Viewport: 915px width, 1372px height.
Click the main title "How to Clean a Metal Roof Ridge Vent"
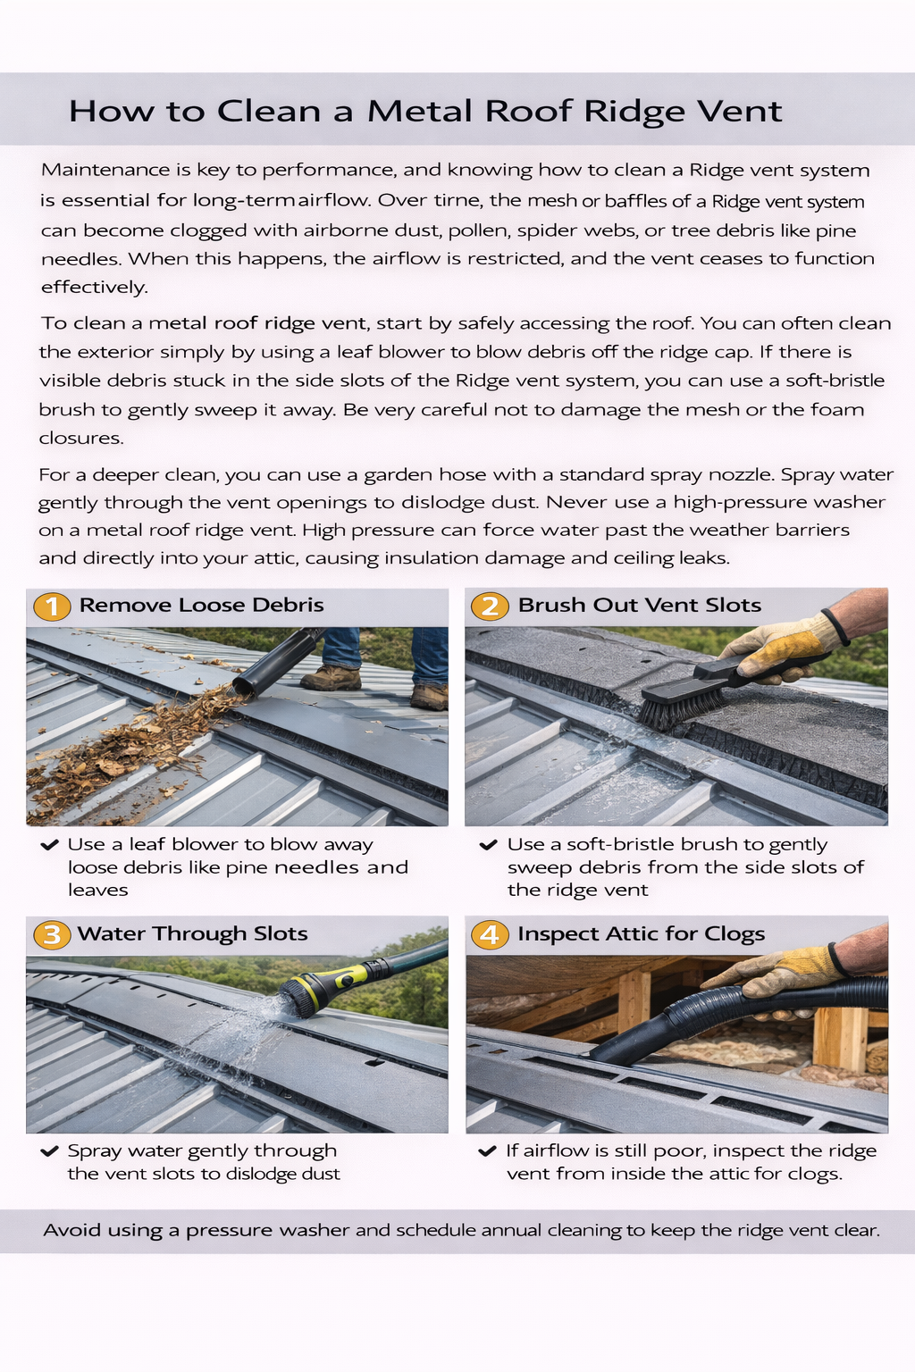click(x=425, y=111)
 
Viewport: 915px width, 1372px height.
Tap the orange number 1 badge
click(x=52, y=607)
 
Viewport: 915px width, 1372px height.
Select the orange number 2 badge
click(x=490, y=607)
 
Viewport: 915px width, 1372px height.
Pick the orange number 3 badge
click(x=52, y=935)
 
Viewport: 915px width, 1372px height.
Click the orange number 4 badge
click(x=490, y=935)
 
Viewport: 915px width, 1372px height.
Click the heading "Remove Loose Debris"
click(x=201, y=605)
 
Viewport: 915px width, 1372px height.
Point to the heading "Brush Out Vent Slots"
click(x=639, y=605)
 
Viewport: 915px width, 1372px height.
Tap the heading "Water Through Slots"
click(x=192, y=933)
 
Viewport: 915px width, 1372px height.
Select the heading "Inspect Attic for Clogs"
click(x=641, y=933)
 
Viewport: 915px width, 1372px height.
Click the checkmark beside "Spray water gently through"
click(x=49, y=1150)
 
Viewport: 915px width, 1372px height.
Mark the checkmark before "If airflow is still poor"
click(x=487, y=1150)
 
